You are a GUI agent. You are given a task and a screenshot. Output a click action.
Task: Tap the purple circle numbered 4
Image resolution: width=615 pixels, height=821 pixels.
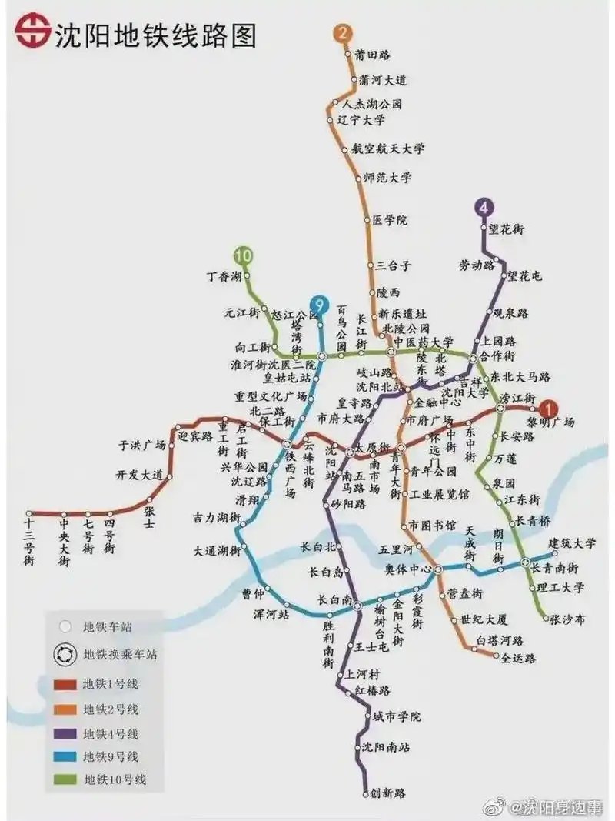[x=484, y=207]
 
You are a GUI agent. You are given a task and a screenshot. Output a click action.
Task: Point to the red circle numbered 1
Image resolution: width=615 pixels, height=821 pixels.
[x=549, y=409]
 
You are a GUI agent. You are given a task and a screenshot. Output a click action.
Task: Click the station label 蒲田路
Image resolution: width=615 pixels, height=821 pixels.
[x=373, y=55]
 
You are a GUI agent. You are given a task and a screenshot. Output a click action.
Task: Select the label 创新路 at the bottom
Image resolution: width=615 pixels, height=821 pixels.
[x=388, y=793]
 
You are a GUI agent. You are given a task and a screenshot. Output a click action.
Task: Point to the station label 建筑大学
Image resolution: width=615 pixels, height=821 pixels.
[x=573, y=543]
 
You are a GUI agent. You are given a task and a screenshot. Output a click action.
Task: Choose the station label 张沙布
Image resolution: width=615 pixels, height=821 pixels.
[x=568, y=618]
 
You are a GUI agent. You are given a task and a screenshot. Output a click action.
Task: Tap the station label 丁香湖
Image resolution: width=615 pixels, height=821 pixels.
[x=224, y=275]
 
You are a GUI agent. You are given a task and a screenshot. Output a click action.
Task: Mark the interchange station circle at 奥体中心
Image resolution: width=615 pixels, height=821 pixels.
[x=437, y=569]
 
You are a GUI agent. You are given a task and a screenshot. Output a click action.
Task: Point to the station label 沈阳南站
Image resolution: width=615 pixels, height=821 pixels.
[x=386, y=746]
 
